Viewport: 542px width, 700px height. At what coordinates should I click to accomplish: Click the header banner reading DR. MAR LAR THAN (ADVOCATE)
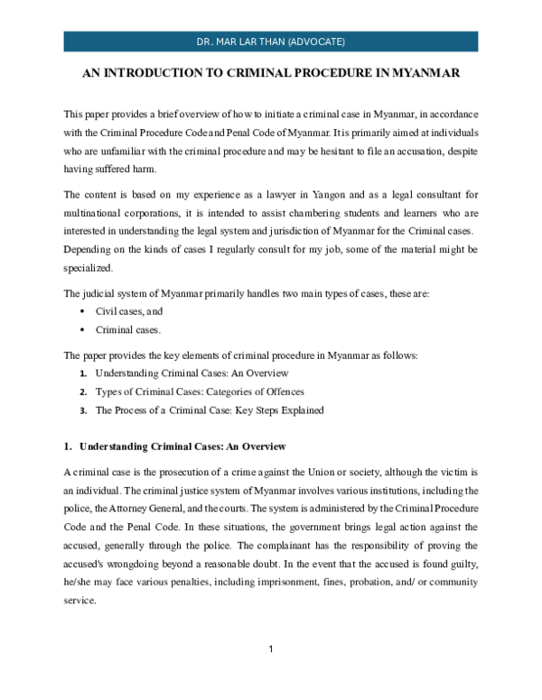[x=271, y=41]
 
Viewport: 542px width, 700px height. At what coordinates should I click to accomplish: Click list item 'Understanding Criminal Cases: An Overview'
[x=192, y=373]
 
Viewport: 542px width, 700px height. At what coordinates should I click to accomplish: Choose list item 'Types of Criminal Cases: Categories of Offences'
[x=200, y=391]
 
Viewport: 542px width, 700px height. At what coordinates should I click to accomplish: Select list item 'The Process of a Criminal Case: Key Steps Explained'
[x=209, y=410]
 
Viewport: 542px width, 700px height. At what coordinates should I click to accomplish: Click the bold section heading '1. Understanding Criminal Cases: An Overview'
[x=175, y=447]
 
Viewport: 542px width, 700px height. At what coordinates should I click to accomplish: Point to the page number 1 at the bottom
[x=270, y=649]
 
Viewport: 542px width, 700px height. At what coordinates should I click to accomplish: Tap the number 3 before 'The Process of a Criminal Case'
[x=83, y=410]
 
